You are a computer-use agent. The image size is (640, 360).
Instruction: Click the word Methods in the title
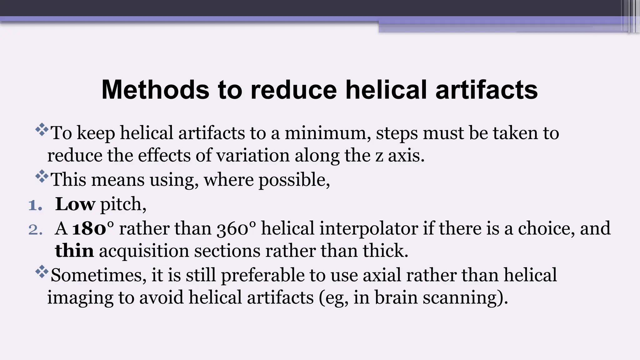click(155, 90)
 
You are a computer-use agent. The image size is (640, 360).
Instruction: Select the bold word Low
click(75, 204)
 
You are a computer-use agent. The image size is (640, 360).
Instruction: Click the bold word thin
click(74, 251)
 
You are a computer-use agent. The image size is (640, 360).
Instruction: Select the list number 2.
click(35, 230)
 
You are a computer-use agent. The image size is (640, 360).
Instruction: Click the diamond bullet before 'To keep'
click(42, 130)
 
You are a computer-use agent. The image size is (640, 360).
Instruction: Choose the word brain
click(396, 297)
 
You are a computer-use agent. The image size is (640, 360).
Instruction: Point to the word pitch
click(123, 205)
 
